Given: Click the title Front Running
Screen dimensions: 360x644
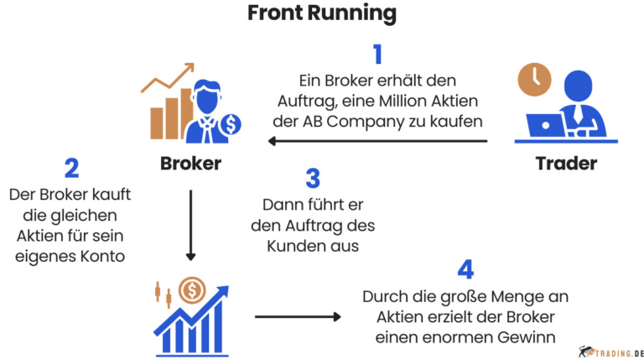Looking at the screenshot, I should click(322, 14).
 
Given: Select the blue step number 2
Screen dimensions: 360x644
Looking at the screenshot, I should click(71, 168).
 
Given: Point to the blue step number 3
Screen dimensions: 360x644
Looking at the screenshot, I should click(313, 178).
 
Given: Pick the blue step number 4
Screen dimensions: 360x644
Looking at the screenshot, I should click(466, 270).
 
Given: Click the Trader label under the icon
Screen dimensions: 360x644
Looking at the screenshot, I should click(566, 163).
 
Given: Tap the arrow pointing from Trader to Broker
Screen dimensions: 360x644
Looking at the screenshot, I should click(377, 141).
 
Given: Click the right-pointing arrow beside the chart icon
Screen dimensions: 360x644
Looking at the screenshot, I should click(298, 316).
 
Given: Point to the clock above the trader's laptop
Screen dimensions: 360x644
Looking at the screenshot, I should click(534, 81).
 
